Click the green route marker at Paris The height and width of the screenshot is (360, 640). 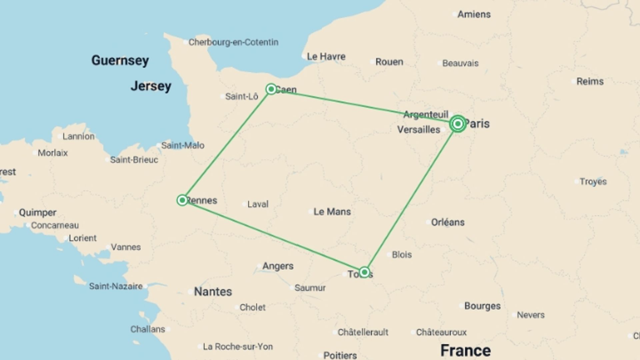(458, 124)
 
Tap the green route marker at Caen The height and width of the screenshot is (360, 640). (271, 89)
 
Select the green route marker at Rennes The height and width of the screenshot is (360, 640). (182, 200)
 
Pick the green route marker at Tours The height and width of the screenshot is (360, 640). (364, 272)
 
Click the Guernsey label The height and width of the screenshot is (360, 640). (120, 61)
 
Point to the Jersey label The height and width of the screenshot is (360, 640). (151, 86)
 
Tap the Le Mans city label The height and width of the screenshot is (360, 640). (332, 212)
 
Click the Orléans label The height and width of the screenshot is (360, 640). (448, 222)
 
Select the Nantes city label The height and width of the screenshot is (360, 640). (213, 292)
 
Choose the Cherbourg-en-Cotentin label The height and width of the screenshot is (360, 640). (233, 42)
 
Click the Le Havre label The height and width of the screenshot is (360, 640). (326, 57)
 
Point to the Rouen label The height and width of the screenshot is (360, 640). (389, 62)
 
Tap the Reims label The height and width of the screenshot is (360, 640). (590, 82)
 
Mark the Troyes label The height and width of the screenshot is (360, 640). (593, 182)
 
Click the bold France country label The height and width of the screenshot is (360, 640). (465, 350)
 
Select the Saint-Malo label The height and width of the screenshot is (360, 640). (183, 145)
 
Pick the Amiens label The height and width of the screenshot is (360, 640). (474, 14)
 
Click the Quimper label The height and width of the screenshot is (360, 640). (37, 213)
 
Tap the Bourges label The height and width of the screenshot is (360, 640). (482, 306)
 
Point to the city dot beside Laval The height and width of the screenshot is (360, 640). (244, 204)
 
